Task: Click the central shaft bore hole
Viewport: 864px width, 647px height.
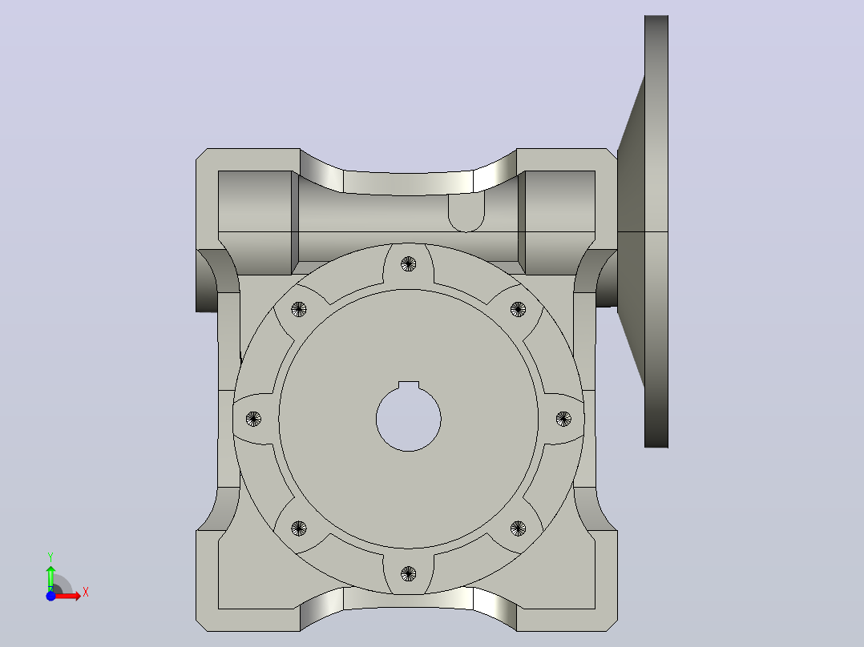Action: click(x=408, y=420)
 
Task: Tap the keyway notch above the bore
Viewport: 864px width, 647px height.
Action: click(x=408, y=385)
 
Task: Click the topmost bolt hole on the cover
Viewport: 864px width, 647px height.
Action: click(x=408, y=263)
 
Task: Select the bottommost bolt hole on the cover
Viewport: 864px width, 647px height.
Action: click(x=408, y=574)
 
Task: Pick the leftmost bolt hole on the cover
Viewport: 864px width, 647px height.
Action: click(x=253, y=419)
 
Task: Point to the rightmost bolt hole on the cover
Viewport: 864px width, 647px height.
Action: click(x=563, y=419)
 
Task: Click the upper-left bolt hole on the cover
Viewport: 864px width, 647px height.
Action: click(x=299, y=309)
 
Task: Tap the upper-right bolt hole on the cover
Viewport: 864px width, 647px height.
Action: click(x=518, y=309)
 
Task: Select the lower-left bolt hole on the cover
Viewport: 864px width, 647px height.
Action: click(x=299, y=528)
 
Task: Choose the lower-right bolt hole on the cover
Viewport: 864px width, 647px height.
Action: click(x=518, y=528)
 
